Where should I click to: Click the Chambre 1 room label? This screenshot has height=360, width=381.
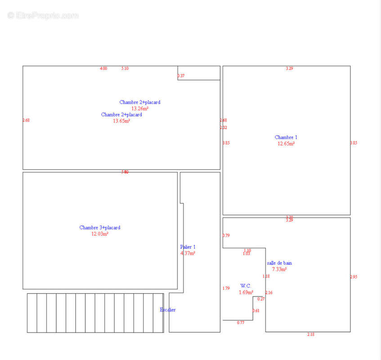tap(286, 137)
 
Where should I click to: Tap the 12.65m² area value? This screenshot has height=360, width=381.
tap(286, 144)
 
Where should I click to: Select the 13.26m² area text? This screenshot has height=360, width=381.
tap(140, 108)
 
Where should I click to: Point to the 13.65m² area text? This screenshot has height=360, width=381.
tap(121, 121)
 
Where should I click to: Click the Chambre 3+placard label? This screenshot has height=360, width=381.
tap(100, 228)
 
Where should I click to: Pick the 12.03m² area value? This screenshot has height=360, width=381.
tap(100, 234)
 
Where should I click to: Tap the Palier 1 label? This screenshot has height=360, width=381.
tap(188, 247)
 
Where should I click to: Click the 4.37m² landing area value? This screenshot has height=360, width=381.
tap(188, 253)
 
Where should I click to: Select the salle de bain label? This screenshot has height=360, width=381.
tap(279, 263)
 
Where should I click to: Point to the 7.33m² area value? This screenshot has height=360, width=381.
tap(279, 269)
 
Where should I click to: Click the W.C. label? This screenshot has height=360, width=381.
tap(246, 286)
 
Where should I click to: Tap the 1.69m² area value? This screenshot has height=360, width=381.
tap(246, 292)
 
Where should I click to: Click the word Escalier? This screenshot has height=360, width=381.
tap(168, 310)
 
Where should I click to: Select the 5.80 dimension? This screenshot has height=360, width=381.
tap(125, 172)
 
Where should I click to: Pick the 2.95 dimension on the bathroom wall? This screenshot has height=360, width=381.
tap(354, 277)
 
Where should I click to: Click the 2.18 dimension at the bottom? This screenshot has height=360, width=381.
tap(311, 334)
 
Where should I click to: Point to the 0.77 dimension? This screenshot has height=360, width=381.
tap(241, 323)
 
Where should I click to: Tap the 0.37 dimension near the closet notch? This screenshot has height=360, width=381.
tap(181, 76)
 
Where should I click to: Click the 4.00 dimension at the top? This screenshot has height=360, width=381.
tap(103, 68)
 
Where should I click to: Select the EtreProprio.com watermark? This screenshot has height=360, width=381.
tap(43, 15)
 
